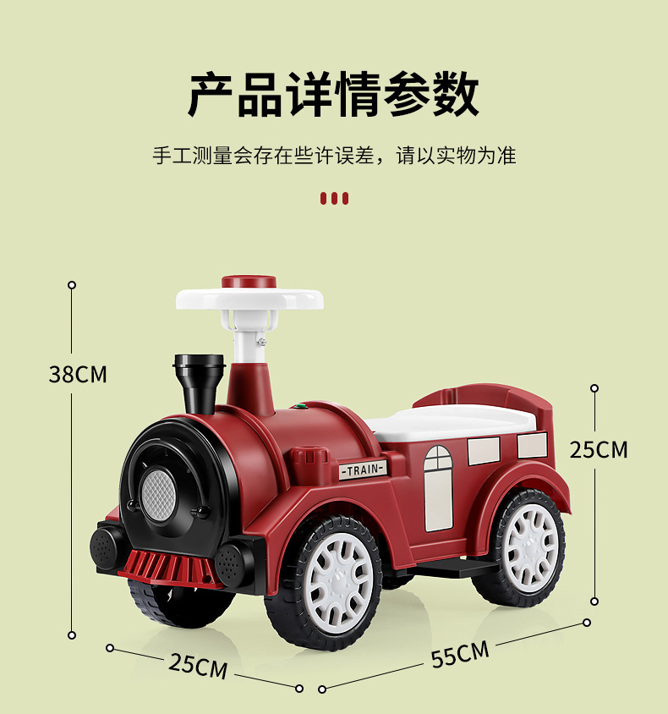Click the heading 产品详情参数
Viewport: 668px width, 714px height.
(x=333, y=94)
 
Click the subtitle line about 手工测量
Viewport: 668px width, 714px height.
(x=333, y=156)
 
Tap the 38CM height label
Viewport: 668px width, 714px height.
(x=78, y=374)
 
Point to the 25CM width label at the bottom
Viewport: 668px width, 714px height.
(x=198, y=665)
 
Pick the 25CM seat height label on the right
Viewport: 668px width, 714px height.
(x=598, y=449)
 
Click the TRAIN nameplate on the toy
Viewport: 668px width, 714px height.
(x=363, y=470)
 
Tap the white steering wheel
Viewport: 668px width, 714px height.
(x=249, y=299)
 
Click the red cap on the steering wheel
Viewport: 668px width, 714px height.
(x=249, y=282)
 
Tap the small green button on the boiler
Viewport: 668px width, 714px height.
(x=297, y=407)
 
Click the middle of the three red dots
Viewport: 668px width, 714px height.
(x=334, y=199)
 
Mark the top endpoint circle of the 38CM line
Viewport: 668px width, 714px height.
(x=72, y=285)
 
